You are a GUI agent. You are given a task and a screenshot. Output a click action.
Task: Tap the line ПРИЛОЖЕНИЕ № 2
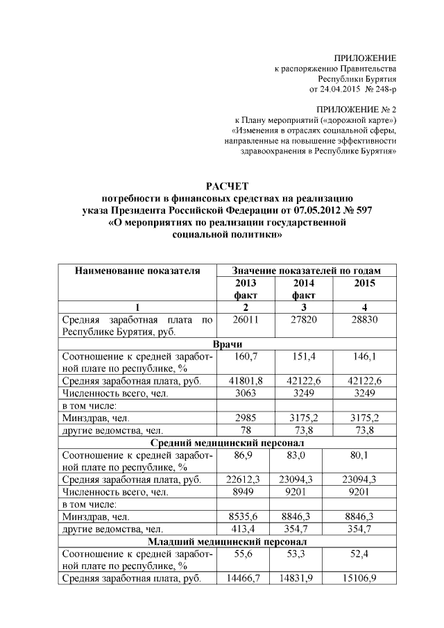[x=356, y=110]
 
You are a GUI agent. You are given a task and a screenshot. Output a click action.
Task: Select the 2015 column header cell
[x=365, y=282]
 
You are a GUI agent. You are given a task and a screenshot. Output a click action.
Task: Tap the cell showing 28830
[x=365, y=320]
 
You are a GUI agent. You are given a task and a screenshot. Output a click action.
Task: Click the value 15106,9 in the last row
[x=365, y=578]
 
